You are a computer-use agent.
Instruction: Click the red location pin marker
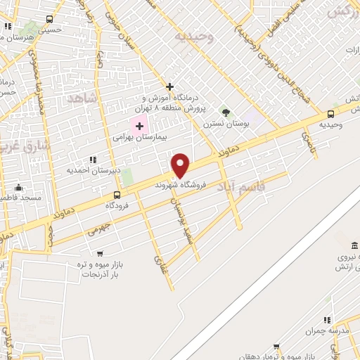[181, 165]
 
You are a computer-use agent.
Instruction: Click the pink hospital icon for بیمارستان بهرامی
[140, 127]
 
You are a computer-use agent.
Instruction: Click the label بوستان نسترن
[226, 124]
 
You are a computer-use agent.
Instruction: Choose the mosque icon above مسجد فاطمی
[18, 187]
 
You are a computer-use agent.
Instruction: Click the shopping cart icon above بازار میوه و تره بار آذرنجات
[98, 254]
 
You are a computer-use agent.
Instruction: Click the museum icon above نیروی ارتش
[353, 245]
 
